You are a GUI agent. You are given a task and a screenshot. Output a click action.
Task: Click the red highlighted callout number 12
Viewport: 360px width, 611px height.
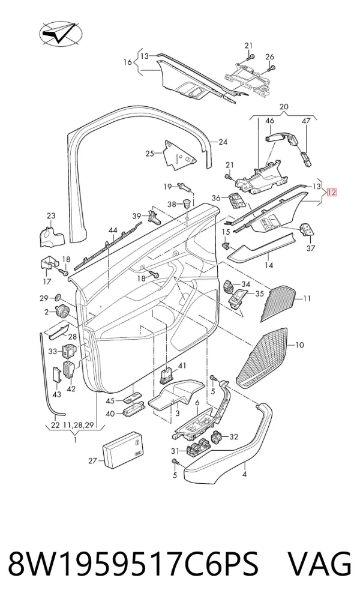pos(331,193)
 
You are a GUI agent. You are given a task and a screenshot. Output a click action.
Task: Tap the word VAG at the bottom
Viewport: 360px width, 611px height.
pos(319,564)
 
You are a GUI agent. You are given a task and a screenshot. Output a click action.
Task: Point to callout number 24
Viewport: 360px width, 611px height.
pos(223,142)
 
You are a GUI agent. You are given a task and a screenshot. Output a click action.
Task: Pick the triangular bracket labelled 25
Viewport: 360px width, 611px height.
pos(179,155)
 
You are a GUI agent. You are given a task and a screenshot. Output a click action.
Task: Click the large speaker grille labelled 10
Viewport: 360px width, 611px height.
pos(265,360)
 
